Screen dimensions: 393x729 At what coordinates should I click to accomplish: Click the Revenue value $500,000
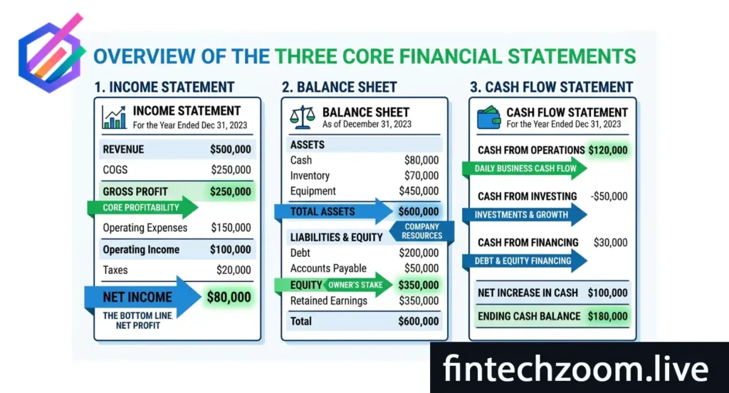tap(230, 150)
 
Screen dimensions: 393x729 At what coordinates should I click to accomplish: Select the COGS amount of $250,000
tap(231, 170)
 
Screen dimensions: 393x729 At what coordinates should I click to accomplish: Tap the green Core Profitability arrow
tap(142, 208)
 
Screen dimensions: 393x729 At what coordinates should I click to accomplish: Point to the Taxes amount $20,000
tap(234, 270)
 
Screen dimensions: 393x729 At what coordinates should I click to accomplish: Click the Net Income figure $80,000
tap(229, 297)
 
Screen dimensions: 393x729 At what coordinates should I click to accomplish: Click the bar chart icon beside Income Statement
tap(114, 117)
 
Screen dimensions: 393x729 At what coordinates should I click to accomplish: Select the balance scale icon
tap(303, 117)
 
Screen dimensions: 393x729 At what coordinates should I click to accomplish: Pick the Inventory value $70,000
tap(421, 176)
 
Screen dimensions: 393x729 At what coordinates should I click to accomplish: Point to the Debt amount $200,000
tap(419, 253)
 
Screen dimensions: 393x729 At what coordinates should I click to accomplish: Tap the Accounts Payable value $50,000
tap(421, 268)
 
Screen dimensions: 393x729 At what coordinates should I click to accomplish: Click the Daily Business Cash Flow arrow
tap(523, 168)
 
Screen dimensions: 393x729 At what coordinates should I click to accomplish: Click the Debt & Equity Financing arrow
tap(523, 261)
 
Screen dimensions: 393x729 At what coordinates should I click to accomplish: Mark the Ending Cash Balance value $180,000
tap(607, 316)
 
